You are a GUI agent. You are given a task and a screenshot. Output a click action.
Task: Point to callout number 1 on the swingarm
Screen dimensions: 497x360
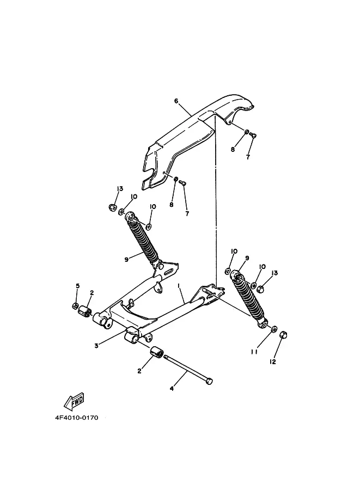(178, 285)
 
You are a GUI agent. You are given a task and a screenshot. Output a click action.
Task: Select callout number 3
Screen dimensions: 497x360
(96, 345)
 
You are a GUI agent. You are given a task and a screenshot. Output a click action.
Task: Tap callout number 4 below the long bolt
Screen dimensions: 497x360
(172, 388)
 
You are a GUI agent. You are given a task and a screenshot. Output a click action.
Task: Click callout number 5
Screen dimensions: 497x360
(77, 286)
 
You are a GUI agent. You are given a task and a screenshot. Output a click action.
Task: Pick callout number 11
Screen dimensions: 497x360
(254, 352)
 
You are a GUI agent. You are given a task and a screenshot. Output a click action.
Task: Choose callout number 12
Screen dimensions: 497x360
(273, 361)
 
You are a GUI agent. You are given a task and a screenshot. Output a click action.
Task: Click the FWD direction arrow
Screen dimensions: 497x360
(74, 402)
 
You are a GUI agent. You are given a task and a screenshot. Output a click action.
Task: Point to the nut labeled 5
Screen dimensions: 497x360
(75, 305)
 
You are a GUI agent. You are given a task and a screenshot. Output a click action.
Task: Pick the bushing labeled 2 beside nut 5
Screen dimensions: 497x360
(84, 312)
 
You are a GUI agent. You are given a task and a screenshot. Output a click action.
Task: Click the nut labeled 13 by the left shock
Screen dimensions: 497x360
(111, 207)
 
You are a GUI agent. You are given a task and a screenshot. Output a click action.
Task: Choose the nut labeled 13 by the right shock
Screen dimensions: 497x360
(260, 288)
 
